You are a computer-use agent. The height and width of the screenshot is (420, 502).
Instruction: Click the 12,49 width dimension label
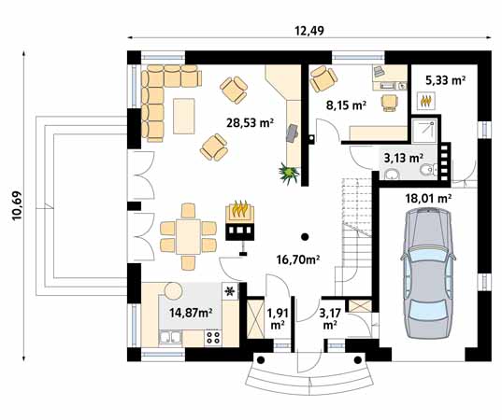(x=309, y=31)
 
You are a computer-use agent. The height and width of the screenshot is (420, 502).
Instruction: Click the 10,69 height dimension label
(x=17, y=205)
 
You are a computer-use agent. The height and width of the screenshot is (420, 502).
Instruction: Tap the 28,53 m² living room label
(x=250, y=122)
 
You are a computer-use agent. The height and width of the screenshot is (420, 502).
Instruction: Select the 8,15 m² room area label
(x=346, y=105)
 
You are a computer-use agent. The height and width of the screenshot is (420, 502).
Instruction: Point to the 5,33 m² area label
(x=445, y=80)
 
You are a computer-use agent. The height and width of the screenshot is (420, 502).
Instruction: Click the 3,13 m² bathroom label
(x=404, y=158)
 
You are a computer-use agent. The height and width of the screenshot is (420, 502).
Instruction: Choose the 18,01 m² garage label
(x=428, y=199)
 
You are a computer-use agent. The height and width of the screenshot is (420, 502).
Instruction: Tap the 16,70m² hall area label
(x=298, y=260)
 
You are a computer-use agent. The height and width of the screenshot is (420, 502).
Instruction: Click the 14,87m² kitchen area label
(x=191, y=313)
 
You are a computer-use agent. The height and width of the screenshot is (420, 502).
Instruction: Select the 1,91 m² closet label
(x=278, y=318)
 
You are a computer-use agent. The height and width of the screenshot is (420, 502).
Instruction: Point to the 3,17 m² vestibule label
(x=330, y=318)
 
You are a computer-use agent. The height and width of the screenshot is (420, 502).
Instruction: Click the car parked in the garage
(x=428, y=273)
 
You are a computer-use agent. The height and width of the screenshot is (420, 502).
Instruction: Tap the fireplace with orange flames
(x=240, y=220)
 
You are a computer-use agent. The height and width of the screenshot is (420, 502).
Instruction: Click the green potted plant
(x=289, y=173)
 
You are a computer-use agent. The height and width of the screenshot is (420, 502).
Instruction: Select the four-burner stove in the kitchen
(x=213, y=338)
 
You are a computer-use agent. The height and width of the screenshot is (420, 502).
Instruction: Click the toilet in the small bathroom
(x=428, y=170)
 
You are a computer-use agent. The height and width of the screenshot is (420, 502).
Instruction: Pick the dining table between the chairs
(x=188, y=236)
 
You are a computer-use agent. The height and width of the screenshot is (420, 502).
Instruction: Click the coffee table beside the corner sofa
(x=184, y=116)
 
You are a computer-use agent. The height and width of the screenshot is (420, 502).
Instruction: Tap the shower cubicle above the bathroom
(x=424, y=130)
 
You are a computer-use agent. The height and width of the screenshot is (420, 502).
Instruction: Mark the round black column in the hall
(x=305, y=236)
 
